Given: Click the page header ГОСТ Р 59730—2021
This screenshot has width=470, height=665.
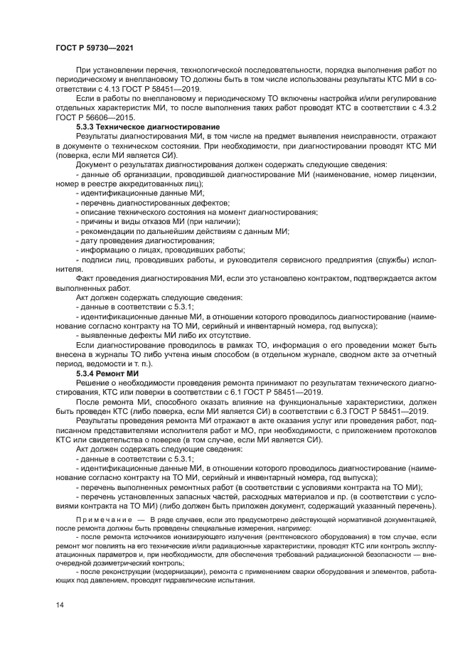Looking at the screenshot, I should [x=95, y=47].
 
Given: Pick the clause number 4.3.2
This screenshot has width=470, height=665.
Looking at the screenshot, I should [x=420, y=107].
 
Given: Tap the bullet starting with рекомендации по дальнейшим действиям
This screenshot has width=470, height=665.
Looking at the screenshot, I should [x=181, y=231].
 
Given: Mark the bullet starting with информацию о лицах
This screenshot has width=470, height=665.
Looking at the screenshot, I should [x=161, y=250].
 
